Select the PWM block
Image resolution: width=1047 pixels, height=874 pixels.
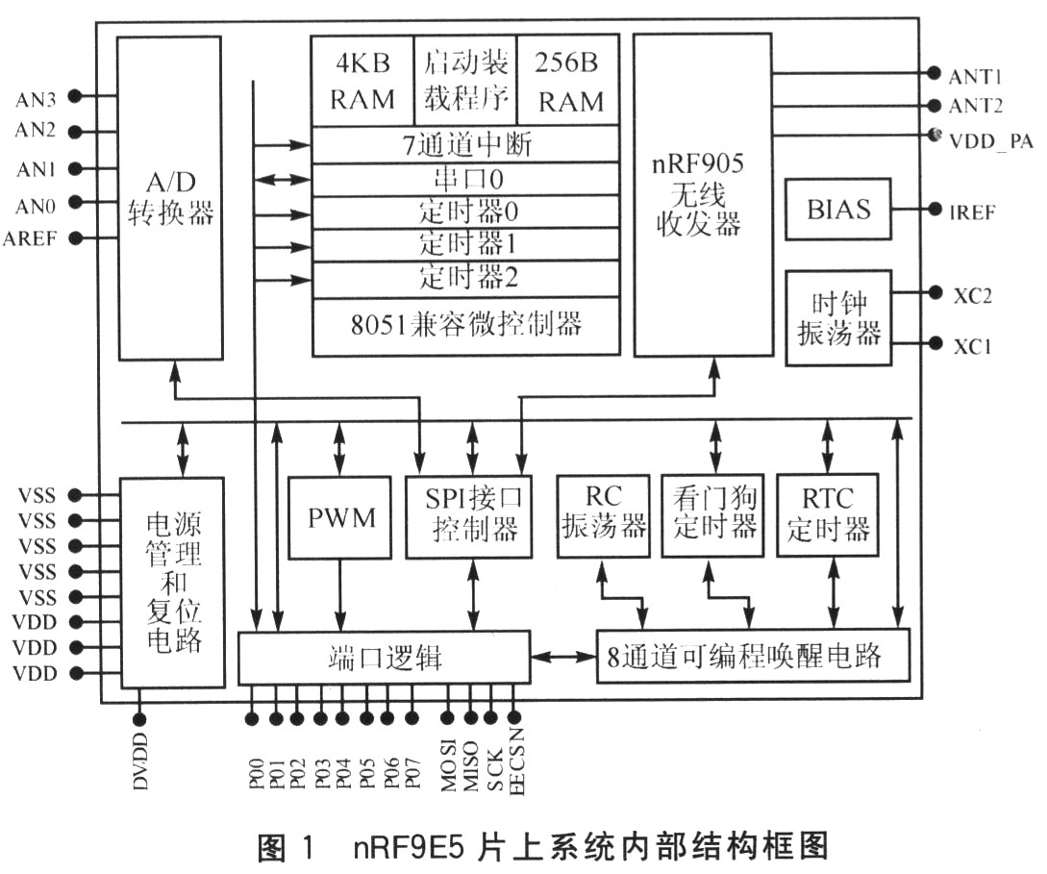(339, 518)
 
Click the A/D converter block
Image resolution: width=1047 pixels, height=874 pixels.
(168, 197)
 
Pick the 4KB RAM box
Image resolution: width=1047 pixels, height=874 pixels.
(361, 81)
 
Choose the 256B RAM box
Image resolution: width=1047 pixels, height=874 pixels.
(568, 81)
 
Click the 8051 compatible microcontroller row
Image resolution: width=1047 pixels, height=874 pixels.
(465, 324)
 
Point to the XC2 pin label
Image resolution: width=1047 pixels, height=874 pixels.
(972, 293)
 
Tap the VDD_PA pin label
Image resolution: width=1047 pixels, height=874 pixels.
(990, 140)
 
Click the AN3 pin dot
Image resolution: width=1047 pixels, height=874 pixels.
(75, 96)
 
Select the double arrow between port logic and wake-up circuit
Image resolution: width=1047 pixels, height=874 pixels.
(563, 657)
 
